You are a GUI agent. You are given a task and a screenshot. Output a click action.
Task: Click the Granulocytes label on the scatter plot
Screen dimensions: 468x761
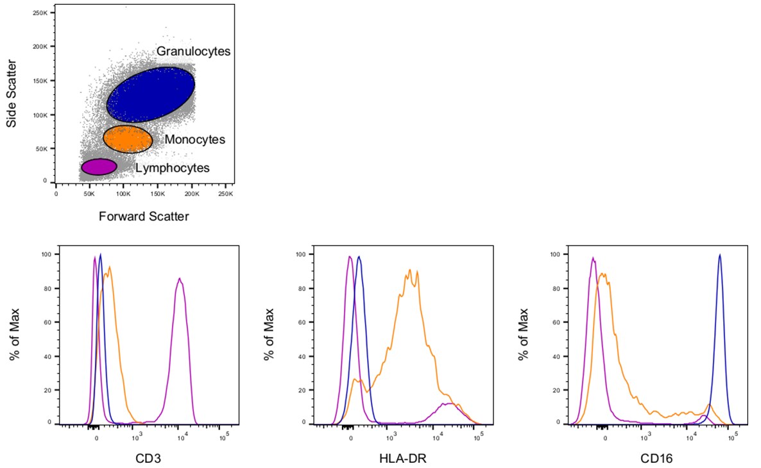click(x=192, y=51)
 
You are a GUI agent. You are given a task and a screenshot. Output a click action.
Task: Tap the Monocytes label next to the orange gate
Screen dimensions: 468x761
click(x=194, y=139)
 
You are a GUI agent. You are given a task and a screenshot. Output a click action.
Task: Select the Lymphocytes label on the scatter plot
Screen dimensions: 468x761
click(x=173, y=168)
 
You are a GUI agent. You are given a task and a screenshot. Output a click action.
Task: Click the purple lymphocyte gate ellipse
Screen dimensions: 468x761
click(x=99, y=167)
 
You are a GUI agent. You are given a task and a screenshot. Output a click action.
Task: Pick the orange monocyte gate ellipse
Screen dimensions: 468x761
click(x=128, y=139)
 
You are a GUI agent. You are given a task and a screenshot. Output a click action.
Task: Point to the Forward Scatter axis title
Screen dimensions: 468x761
click(x=144, y=217)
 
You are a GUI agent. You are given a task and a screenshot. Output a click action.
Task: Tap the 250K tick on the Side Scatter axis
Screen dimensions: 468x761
click(x=42, y=13)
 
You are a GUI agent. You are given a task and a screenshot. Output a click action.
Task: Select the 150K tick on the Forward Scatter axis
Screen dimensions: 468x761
click(x=158, y=193)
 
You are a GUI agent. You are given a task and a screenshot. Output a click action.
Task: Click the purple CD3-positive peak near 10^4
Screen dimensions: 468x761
click(x=180, y=280)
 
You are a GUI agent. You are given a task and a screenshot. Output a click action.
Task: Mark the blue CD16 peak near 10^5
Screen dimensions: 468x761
click(x=720, y=255)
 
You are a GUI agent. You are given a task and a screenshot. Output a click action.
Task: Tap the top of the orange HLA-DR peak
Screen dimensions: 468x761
click(x=409, y=271)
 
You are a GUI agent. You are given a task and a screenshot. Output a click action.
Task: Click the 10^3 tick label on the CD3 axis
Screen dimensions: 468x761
click(x=136, y=439)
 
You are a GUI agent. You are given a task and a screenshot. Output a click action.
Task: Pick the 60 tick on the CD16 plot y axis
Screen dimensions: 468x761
click(x=557, y=322)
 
